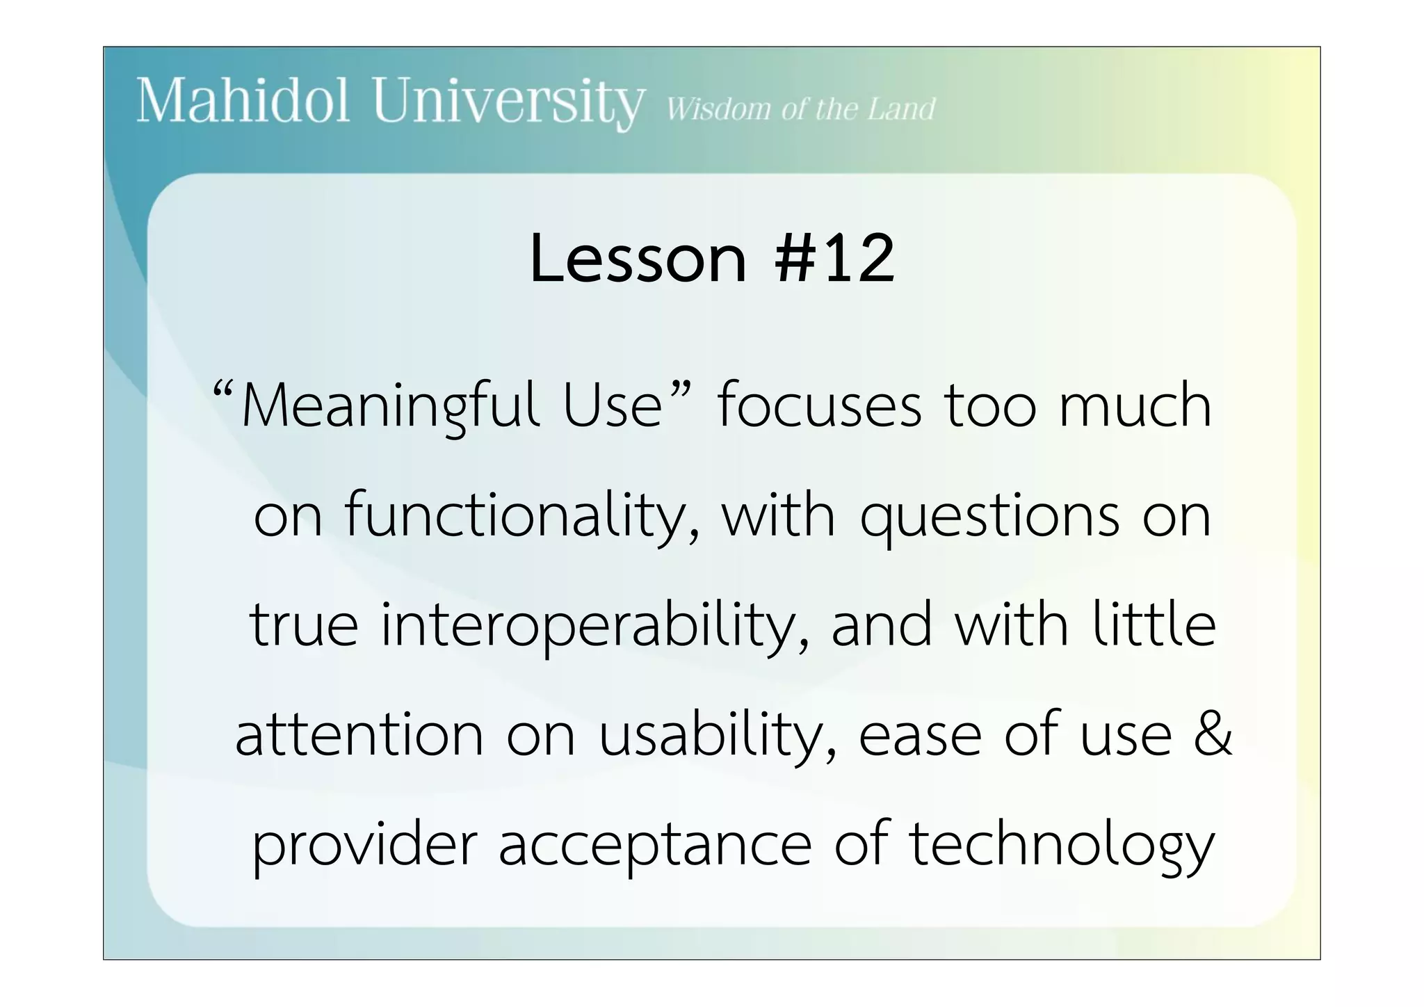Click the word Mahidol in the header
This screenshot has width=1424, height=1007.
pyautogui.click(x=243, y=102)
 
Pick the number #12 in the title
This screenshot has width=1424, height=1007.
pyautogui.click(x=834, y=259)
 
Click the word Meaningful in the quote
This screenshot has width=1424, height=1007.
pyautogui.click(x=390, y=407)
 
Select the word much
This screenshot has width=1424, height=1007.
pyautogui.click(x=1135, y=407)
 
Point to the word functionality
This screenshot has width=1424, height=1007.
pyautogui.click(x=522, y=517)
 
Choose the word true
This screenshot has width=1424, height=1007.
pyautogui.click(x=304, y=625)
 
